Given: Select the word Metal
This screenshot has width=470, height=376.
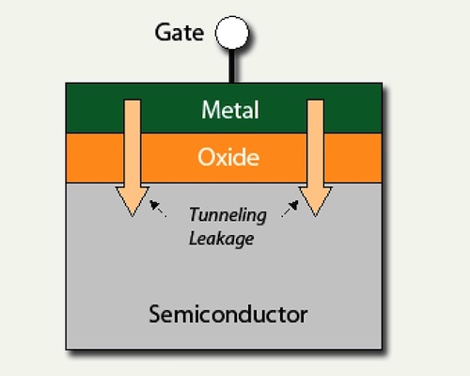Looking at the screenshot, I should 229,110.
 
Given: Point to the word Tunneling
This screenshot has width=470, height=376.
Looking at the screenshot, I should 227,214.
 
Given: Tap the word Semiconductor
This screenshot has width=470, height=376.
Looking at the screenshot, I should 227,313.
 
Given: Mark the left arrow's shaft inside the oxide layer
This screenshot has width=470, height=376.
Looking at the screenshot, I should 132,156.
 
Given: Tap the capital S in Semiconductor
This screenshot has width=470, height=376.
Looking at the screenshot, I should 154,313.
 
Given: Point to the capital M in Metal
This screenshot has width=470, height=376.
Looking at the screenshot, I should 209,110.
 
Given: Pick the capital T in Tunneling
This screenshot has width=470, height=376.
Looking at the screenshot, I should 194,214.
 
